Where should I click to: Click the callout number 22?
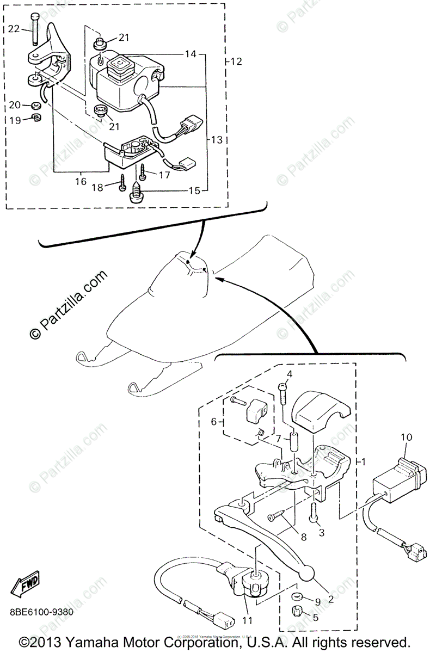click(x=14, y=28)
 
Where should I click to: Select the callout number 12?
click(x=236, y=61)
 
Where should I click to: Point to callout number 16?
click(x=81, y=181)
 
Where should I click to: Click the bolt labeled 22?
click(x=35, y=30)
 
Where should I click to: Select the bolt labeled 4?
click(x=282, y=393)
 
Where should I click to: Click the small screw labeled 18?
click(x=122, y=183)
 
